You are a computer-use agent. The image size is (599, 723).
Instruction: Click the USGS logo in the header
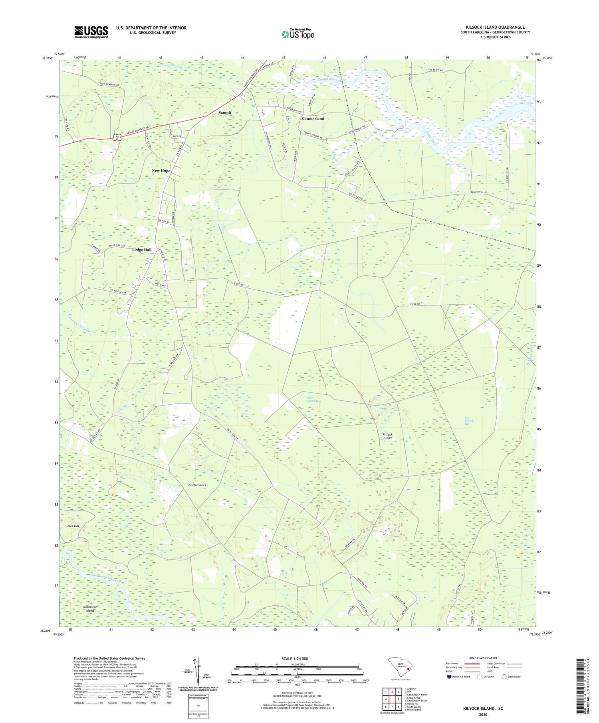[91, 32]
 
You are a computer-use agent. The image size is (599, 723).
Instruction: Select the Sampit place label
[225, 112]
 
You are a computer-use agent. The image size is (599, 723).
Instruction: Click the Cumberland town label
[313, 119]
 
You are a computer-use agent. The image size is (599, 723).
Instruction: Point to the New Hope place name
[161, 171]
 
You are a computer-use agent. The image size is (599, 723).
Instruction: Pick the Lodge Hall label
[142, 250]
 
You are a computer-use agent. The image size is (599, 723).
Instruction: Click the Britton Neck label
[197, 485]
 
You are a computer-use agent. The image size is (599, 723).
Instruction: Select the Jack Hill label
[73, 526]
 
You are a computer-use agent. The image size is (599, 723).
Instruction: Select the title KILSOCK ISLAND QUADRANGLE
[495, 27]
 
